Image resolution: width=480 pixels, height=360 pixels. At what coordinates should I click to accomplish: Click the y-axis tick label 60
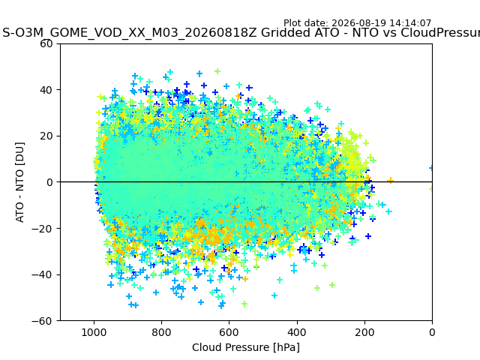pyautogui.click(x=46, y=43)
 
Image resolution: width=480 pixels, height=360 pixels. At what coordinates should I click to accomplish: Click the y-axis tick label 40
pyautogui.click(x=46, y=90)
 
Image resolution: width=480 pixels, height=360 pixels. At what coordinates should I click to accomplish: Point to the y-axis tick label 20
pyautogui.click(x=46, y=136)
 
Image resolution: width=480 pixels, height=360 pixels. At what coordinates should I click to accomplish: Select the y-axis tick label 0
pyautogui.click(x=49, y=182)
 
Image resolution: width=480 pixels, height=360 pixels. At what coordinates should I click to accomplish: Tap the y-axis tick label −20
pyautogui.click(x=42, y=229)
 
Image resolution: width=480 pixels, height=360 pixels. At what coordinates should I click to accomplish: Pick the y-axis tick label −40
pyautogui.click(x=42, y=275)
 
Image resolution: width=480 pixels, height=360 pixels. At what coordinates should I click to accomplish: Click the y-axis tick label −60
pyautogui.click(x=42, y=321)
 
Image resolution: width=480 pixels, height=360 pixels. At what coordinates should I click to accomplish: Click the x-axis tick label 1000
pyautogui.click(x=94, y=332)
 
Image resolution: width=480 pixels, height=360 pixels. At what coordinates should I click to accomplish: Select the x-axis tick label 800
pyautogui.click(x=162, y=332)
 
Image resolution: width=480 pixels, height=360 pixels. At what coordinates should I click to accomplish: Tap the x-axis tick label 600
pyautogui.click(x=229, y=332)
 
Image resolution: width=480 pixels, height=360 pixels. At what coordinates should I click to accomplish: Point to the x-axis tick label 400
pyautogui.click(x=297, y=332)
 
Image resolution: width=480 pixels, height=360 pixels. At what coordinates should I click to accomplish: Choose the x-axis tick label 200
pyautogui.click(x=364, y=332)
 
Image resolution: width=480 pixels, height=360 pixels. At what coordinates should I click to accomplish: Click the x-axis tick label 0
pyautogui.click(x=432, y=332)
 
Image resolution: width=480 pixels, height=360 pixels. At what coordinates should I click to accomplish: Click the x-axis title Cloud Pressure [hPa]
pyautogui.click(x=246, y=348)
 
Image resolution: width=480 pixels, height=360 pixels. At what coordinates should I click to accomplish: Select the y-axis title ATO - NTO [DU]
pyautogui.click(x=20, y=182)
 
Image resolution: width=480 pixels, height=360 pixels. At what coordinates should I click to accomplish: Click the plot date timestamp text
pyautogui.click(x=357, y=23)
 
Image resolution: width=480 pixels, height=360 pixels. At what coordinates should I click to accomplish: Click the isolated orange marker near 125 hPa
pyautogui.click(x=390, y=181)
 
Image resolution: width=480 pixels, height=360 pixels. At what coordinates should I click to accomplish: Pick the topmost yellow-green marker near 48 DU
pyautogui.click(x=217, y=71)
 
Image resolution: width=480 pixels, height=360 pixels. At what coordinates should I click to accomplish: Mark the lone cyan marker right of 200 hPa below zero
pyautogui.click(x=388, y=211)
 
